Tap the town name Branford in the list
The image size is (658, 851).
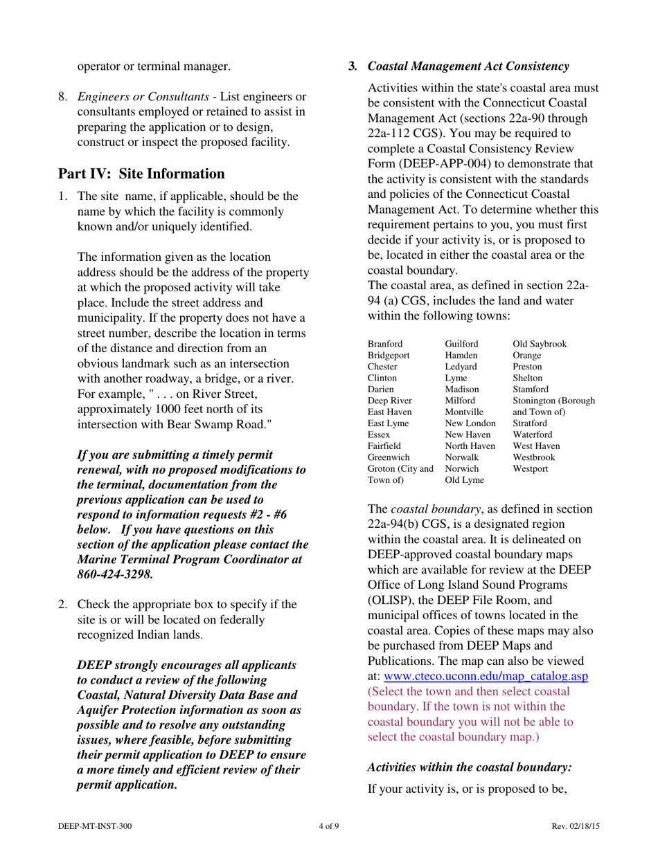tap(385, 344)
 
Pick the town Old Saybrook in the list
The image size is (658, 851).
tap(539, 344)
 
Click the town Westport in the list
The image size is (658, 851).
tap(531, 468)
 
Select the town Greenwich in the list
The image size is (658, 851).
tap(389, 457)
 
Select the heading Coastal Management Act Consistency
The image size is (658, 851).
tap(468, 66)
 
